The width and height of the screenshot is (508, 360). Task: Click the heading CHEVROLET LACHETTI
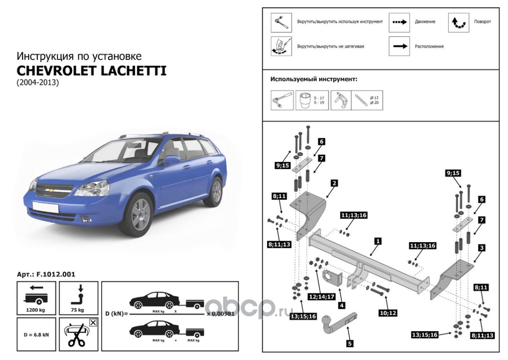coord(91,71)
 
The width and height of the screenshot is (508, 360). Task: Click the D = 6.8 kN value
coord(36,335)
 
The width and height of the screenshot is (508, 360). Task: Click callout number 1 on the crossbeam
coord(378,242)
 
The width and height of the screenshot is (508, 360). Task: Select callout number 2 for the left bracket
coord(334,183)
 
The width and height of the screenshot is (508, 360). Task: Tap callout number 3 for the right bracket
coord(481,247)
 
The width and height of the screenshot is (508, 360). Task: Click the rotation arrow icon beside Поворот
coord(458,22)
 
